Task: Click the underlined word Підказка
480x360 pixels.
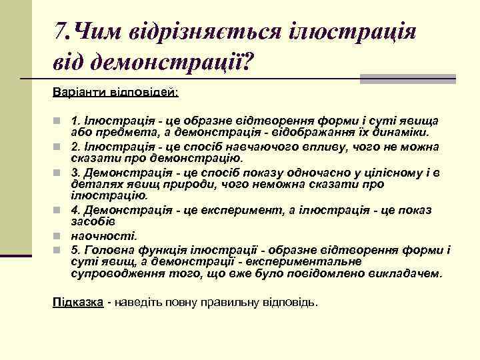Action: point(77,302)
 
